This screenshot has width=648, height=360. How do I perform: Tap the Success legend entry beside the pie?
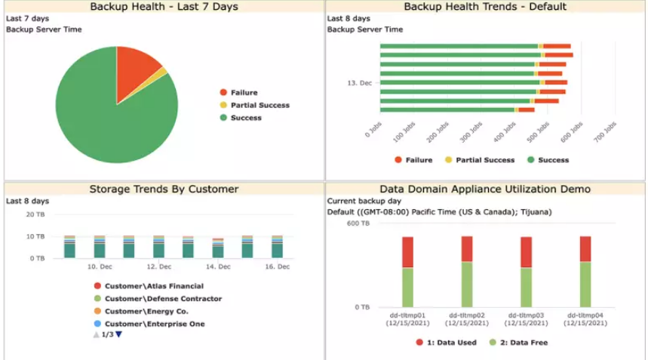point(246,118)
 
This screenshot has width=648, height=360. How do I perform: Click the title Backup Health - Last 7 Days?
point(164,7)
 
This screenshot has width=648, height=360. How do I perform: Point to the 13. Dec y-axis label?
point(359,83)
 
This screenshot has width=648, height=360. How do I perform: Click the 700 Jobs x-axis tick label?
point(606,130)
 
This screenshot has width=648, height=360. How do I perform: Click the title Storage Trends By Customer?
point(164,189)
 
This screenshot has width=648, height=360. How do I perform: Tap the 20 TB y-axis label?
point(36,214)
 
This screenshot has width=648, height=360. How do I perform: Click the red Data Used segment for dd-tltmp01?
point(407,252)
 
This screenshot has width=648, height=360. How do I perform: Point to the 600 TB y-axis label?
point(358,223)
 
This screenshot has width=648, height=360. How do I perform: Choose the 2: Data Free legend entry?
point(523,343)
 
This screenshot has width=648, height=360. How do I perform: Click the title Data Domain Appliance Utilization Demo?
point(485,189)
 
